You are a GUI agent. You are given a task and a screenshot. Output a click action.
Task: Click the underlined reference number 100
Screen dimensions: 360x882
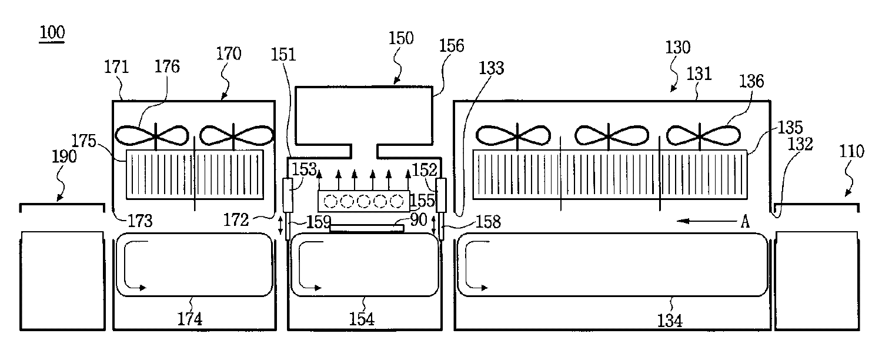52,34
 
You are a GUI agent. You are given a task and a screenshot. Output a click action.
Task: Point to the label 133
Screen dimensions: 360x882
491,68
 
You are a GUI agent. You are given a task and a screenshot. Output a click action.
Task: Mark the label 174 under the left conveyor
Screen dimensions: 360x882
191,319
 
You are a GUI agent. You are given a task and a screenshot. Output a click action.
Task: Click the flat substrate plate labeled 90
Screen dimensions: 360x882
366,228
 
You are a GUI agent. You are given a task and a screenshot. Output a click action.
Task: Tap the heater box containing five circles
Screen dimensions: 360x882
363,201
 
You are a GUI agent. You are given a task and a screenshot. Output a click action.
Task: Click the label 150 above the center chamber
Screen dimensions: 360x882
401,39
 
